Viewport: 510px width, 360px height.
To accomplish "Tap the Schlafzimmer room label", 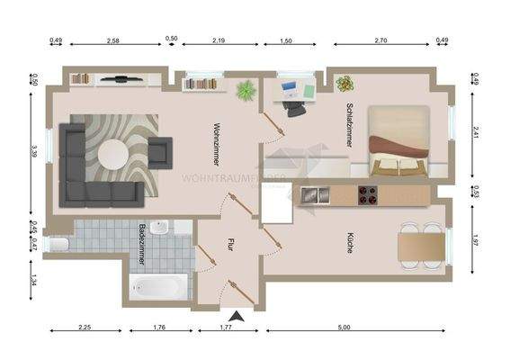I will pos(346,125).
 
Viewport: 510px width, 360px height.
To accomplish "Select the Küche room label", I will pos(348,243).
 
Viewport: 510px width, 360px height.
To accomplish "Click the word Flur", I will pos(230,242).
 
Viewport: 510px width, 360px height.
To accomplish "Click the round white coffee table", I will pos(113,153).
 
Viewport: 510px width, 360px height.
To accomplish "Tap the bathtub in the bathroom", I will pos(159,288).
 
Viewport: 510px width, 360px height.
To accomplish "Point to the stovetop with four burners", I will pos(368,193).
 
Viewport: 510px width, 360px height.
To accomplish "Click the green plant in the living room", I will pos(245,90).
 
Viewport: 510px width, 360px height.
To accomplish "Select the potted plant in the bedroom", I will pos(344,84).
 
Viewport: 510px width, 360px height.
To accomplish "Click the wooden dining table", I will pos(417,242).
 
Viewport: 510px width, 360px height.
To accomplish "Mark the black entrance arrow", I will pos(237,316).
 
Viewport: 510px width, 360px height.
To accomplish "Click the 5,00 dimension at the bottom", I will pos(344,328).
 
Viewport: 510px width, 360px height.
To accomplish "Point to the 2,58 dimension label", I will pos(113,40).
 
